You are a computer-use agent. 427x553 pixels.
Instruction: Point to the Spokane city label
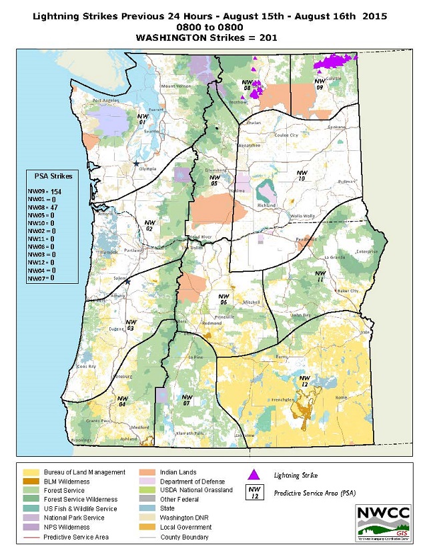pyautogui.click(x=337, y=126)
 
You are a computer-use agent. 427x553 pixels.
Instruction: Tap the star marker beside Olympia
pyautogui.click(x=136, y=164)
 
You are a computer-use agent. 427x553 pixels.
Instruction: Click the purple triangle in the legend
pyautogui.click(x=253, y=475)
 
